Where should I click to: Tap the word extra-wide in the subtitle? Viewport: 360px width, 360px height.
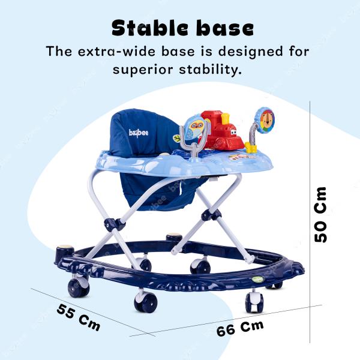115,51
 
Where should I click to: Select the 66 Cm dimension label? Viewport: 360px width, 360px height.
240,329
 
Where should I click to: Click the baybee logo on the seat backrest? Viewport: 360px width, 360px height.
137,133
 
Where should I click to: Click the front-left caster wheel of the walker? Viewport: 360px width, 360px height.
79,287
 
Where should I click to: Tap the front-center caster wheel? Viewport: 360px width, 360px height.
145,300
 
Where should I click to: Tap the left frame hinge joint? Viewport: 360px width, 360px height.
115,224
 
